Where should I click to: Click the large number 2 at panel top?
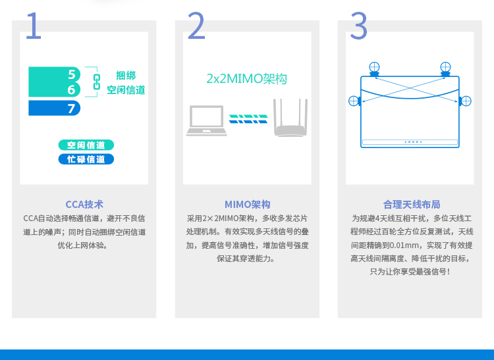[196, 26]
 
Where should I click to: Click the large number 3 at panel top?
[359, 26]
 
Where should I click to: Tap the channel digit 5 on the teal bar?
[72, 74]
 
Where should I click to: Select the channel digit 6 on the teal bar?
[72, 90]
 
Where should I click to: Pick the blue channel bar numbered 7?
[54, 108]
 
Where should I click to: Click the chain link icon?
[97, 82]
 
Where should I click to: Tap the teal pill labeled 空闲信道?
[86, 145]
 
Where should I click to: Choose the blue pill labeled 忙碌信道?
[86, 159]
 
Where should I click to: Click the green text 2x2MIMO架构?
[246, 79]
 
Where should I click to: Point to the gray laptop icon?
[206, 120]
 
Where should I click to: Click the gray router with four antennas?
[290, 118]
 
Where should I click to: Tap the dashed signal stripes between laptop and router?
[248, 119]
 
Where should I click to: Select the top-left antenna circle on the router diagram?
[374, 67]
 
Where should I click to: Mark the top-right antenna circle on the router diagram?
[445, 67]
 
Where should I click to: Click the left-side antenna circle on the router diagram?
[354, 101]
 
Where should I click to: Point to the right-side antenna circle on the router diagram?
[466, 101]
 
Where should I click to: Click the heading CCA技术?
[84, 205]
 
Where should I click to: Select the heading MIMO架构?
[247, 205]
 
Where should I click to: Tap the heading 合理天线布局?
[412, 205]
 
